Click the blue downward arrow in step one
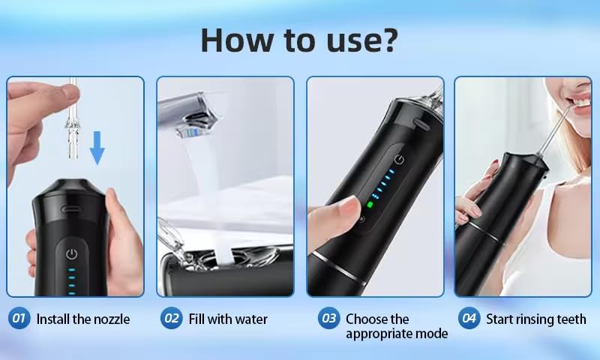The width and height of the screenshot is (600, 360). coord(97,148)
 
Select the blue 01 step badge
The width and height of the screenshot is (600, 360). coord(19,318)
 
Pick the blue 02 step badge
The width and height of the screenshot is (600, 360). coord(171,318)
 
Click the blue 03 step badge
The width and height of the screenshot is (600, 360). coord(328,318)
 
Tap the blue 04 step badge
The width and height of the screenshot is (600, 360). coord(469,318)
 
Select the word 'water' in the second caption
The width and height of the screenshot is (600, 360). coord(251,319)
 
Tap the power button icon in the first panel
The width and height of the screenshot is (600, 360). coord(71,254)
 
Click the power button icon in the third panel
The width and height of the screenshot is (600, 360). coord(399,159)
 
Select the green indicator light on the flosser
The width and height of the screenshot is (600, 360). coord(370,205)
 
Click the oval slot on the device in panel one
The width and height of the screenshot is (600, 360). coord(70,209)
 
